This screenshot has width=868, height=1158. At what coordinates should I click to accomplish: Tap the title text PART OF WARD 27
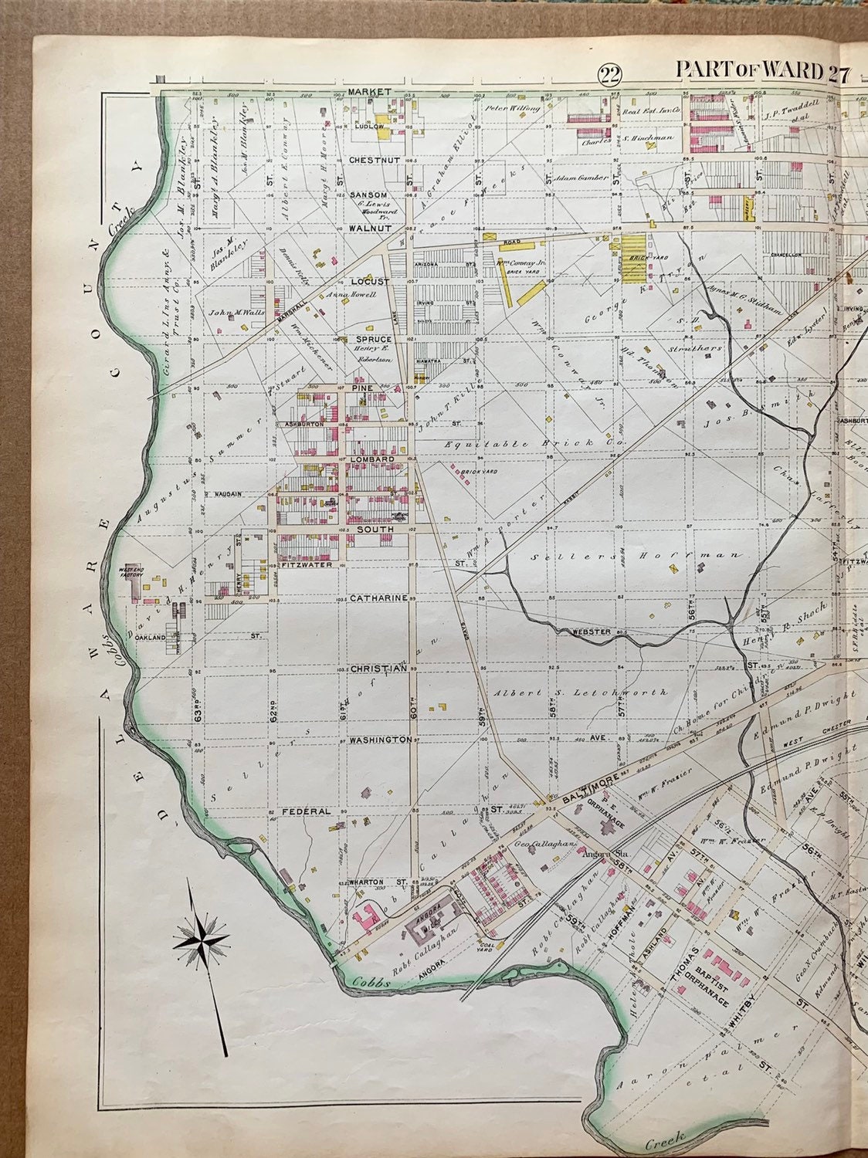[x=762, y=70]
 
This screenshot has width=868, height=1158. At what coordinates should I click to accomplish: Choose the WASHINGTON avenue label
[x=380, y=740]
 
